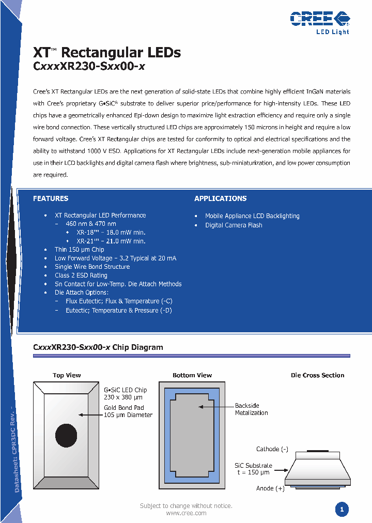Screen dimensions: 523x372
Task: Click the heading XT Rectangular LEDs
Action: (x=107, y=53)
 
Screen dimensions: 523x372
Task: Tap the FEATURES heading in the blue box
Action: (x=51, y=198)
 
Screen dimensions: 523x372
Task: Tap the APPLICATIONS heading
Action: (x=220, y=198)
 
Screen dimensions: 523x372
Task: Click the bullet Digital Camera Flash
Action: (x=234, y=225)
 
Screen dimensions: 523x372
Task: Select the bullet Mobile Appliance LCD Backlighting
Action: (x=252, y=216)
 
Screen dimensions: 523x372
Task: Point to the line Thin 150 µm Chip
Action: (x=79, y=250)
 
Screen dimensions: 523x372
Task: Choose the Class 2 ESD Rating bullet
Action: (x=81, y=275)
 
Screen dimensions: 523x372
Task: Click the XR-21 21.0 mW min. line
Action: (x=111, y=241)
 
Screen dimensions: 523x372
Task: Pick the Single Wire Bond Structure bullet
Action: (x=92, y=267)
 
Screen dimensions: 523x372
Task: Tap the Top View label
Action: (x=67, y=375)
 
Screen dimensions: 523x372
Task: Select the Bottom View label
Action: (x=192, y=375)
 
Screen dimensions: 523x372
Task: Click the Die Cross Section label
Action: (x=317, y=375)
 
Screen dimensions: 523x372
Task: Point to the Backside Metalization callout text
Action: (x=251, y=409)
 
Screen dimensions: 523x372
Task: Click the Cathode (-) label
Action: (x=272, y=449)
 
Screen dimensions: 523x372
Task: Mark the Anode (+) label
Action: (x=270, y=488)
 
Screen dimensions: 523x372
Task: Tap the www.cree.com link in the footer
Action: (x=186, y=513)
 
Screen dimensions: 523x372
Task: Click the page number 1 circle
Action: (x=341, y=510)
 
